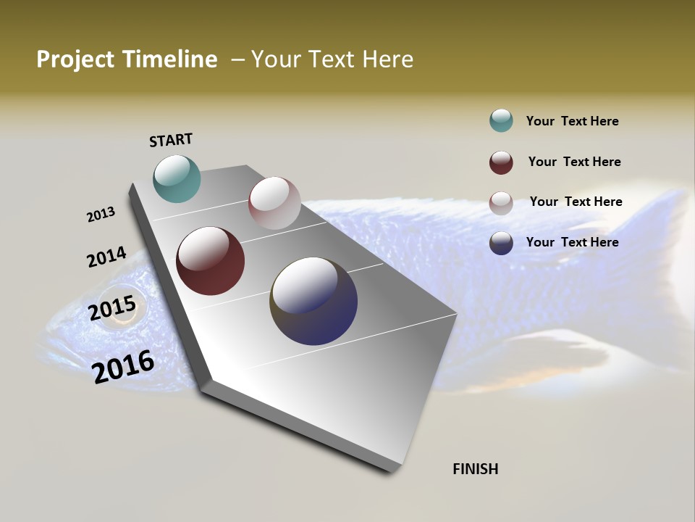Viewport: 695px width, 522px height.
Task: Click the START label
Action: [x=171, y=140]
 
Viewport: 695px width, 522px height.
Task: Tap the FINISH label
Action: [x=476, y=469]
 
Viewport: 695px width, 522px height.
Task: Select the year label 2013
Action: [x=101, y=215]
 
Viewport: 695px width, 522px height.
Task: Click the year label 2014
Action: [x=106, y=257]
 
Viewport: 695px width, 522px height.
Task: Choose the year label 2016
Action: [x=123, y=366]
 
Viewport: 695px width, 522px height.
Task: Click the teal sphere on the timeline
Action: [x=177, y=178]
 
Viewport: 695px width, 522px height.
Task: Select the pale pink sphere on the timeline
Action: [x=274, y=203]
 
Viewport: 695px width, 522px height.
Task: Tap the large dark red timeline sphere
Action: [x=211, y=261]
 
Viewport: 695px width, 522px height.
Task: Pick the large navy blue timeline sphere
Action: [x=313, y=301]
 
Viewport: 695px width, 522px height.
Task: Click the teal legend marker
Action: [x=501, y=121]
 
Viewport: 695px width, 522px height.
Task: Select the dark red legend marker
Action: [x=501, y=162]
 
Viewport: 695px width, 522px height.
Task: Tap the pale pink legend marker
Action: [x=501, y=202]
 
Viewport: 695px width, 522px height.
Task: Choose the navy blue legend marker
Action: [x=501, y=243]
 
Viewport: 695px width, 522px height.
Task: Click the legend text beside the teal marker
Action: [x=572, y=121]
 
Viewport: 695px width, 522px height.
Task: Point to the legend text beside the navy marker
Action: [x=572, y=242]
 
